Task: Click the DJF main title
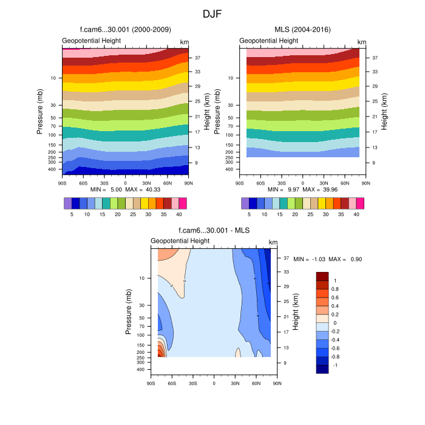tap(212, 13)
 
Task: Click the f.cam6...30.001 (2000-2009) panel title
tap(125, 30)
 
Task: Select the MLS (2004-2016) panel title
tap(302, 30)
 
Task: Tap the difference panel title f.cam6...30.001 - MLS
tap(214, 231)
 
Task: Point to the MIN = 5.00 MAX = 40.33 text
tap(125, 189)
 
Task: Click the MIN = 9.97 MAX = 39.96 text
tap(302, 189)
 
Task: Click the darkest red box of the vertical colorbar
tap(322, 276)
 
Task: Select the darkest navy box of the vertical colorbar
tap(322, 369)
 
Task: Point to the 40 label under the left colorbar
tap(179, 214)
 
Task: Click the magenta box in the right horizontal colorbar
tap(360, 203)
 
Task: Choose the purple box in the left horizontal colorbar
tap(67, 203)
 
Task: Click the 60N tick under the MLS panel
tap(344, 182)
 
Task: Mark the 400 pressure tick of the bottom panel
tap(139, 369)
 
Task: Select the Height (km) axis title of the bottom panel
tap(296, 310)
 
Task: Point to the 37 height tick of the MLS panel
tap(375, 58)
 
